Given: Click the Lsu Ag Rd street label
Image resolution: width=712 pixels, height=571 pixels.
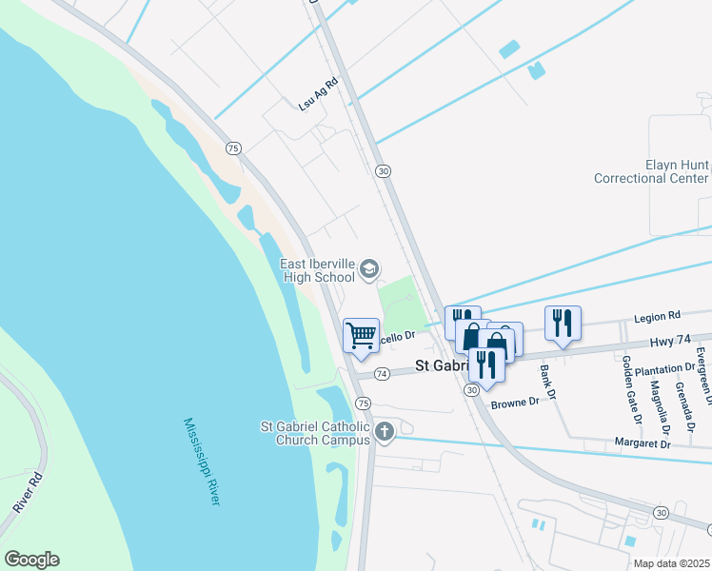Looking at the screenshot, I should (319, 95).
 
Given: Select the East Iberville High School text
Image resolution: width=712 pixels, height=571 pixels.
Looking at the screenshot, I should (318, 270).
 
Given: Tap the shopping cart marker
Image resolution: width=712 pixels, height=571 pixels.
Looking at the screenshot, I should (361, 335).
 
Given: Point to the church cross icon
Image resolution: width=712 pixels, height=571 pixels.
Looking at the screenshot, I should (384, 432).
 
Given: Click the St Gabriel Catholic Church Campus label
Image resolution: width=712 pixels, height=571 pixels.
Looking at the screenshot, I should (322, 433).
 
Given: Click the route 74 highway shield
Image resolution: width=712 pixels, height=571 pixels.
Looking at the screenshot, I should (382, 374).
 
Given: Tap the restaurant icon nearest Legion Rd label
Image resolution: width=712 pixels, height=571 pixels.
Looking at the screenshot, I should (563, 324).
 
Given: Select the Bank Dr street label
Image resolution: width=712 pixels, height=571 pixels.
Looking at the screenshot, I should (546, 382).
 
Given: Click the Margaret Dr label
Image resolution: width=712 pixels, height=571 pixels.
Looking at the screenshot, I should (636, 444).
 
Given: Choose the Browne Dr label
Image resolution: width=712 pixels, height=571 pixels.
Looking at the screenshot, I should (515, 403).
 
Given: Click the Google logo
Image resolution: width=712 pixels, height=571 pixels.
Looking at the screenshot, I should (31, 560).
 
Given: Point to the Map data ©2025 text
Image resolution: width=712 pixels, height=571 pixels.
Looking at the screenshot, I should (671, 563).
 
